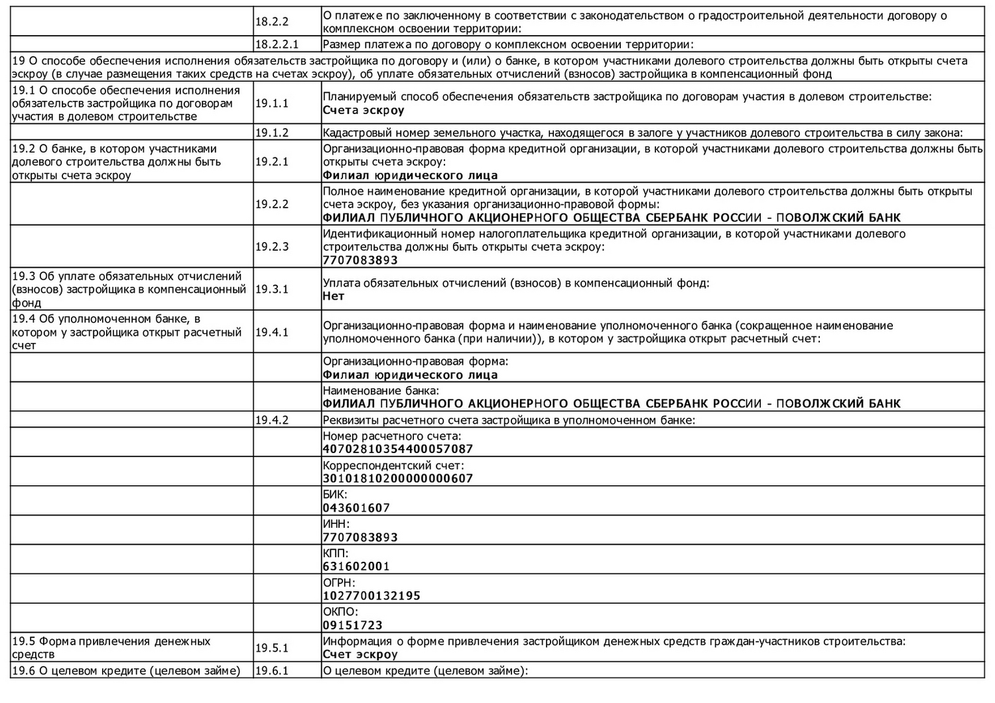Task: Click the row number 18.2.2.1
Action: (x=277, y=45)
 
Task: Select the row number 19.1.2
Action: (x=272, y=133)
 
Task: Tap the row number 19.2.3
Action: (x=272, y=247)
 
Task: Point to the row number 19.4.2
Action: (x=272, y=420)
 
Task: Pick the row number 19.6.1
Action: (x=272, y=671)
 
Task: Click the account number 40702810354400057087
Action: (x=398, y=449)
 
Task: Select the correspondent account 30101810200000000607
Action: (x=398, y=478)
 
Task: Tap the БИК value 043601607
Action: (x=356, y=508)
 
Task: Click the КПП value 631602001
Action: (x=356, y=566)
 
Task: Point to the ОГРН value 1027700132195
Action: (x=371, y=596)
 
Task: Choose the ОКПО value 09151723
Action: (x=353, y=625)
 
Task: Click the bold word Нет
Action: (x=334, y=296)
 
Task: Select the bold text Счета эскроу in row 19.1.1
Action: (x=364, y=111)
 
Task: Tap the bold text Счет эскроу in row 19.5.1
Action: (x=360, y=655)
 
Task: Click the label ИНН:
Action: (x=336, y=524)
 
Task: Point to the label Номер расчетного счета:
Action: (x=392, y=436)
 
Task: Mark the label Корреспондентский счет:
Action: (x=393, y=466)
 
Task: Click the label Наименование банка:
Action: (x=381, y=391)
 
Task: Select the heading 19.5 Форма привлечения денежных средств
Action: (x=111, y=648)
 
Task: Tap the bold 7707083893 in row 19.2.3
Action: (x=360, y=261)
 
